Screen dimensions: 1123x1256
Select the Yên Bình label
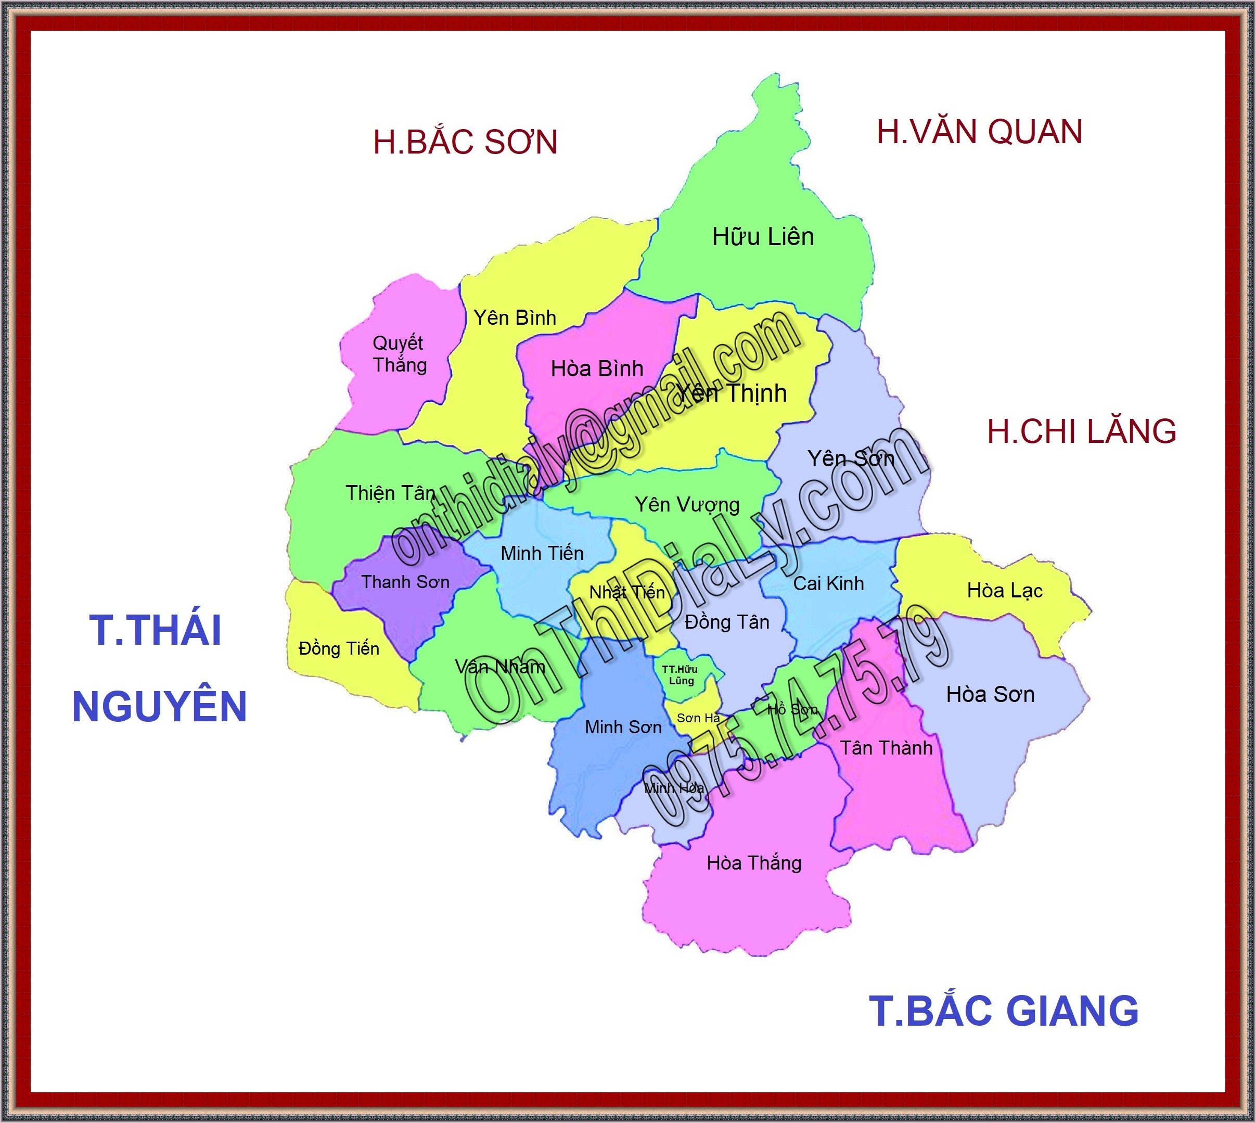(x=515, y=318)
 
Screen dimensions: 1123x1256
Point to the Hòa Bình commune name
(x=597, y=369)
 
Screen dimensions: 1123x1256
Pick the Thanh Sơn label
(x=405, y=582)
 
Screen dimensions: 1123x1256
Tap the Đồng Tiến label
(x=339, y=648)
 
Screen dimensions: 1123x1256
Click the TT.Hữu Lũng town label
(x=680, y=675)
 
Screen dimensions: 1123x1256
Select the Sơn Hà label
(x=698, y=718)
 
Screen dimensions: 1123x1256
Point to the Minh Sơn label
(x=623, y=727)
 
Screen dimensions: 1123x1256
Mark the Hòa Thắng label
(x=754, y=863)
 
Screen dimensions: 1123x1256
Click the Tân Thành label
(x=886, y=748)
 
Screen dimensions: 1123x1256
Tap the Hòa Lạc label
(x=1004, y=591)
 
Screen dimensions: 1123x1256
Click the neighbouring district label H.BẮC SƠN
(x=465, y=142)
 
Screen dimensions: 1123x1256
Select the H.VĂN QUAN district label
(x=980, y=132)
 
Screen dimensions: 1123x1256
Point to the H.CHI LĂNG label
(x=1081, y=431)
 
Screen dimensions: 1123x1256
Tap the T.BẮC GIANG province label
(x=1004, y=1011)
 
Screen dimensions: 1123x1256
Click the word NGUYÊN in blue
(x=160, y=707)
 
